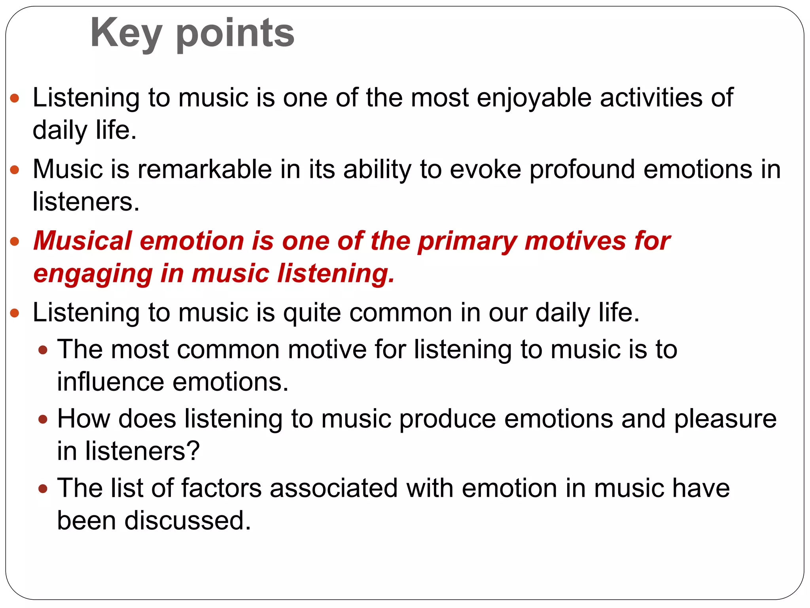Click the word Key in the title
click(126, 34)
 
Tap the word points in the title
click(235, 34)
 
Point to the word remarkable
click(204, 169)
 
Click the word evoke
click(486, 169)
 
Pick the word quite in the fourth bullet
click(312, 313)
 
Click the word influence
click(110, 382)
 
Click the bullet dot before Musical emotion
click(15, 241)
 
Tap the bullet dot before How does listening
click(43, 419)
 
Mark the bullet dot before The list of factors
click(43, 488)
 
